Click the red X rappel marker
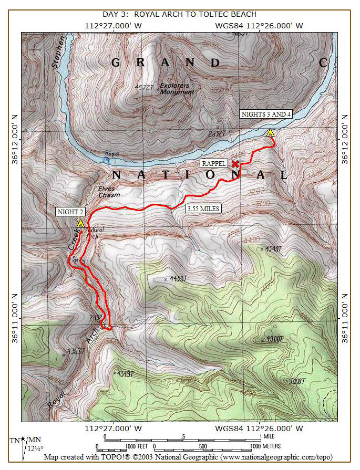(x=235, y=164)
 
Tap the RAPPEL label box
(x=214, y=163)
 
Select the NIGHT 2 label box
(x=70, y=212)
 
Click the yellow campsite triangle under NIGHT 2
(x=80, y=223)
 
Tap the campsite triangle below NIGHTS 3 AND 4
(x=270, y=133)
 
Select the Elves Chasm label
(x=109, y=192)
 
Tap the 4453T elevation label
(x=177, y=279)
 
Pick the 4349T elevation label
(x=125, y=373)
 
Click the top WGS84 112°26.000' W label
(x=259, y=25)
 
